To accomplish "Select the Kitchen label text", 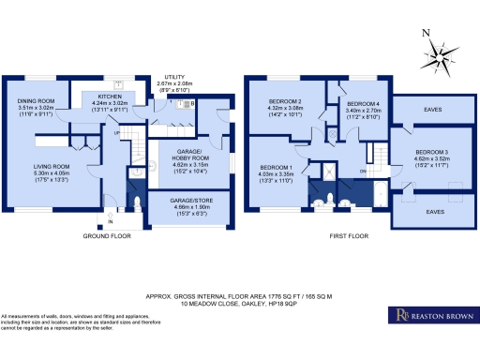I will pyautogui.click(x=106, y=95).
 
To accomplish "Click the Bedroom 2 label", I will pyautogui.click(x=285, y=100).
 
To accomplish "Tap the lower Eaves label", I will pyautogui.click(x=434, y=212).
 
